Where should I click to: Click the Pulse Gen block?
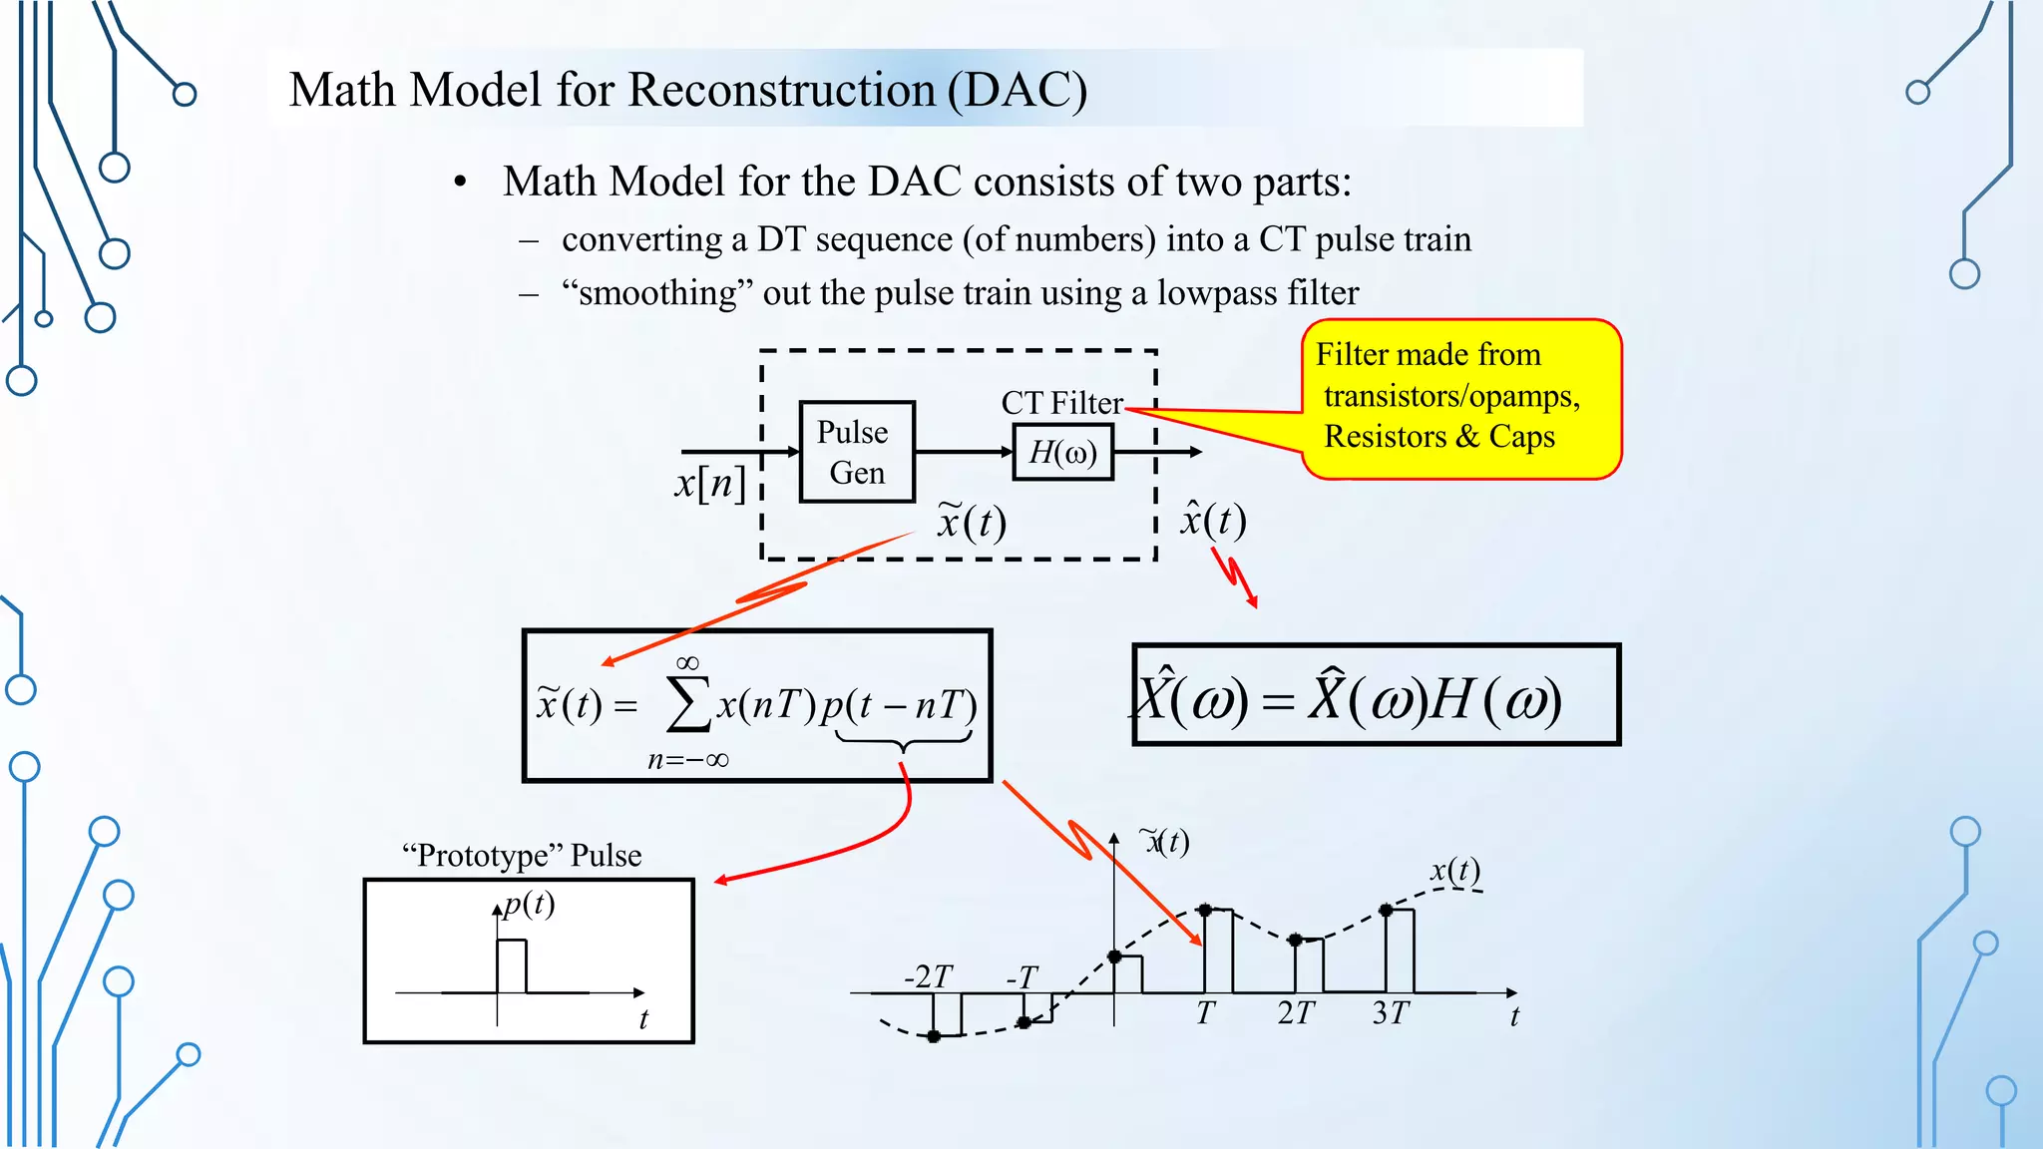coord(857,452)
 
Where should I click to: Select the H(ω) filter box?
coord(1062,453)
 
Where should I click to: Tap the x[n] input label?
coord(709,484)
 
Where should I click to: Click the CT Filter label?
coord(1061,403)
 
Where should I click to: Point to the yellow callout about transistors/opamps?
coord(1460,398)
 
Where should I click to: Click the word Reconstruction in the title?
coord(781,90)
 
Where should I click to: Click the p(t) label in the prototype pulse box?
coord(529,904)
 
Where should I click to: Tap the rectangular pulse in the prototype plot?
coord(512,964)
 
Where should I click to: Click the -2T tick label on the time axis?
coord(928,976)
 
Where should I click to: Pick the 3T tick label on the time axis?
coord(1390,1013)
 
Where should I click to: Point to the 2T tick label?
coord(1296,1013)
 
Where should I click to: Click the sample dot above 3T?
coord(1386,910)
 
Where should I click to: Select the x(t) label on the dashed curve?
coord(1455,871)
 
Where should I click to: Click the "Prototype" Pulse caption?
coord(522,856)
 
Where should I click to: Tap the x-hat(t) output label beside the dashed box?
coord(1213,520)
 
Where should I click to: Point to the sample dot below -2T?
coord(934,1036)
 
